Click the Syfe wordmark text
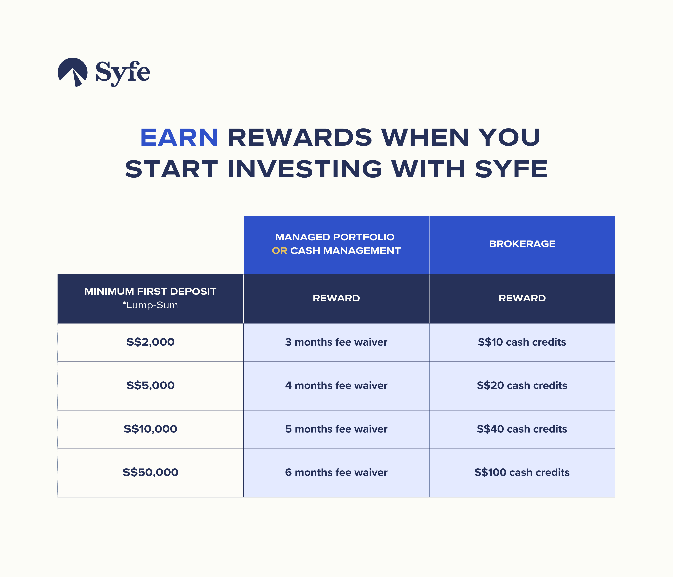click(x=123, y=73)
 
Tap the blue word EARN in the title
click(x=179, y=137)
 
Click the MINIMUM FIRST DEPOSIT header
click(x=150, y=291)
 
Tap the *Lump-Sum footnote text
click(x=150, y=305)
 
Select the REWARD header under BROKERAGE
click(x=522, y=298)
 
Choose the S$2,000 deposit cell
click(x=150, y=342)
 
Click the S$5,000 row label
click(x=150, y=385)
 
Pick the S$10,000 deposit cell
click(x=150, y=429)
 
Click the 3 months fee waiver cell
click(x=336, y=342)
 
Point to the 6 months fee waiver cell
click(x=336, y=472)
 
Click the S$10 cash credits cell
click(x=522, y=342)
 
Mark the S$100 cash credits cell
click(x=522, y=472)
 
